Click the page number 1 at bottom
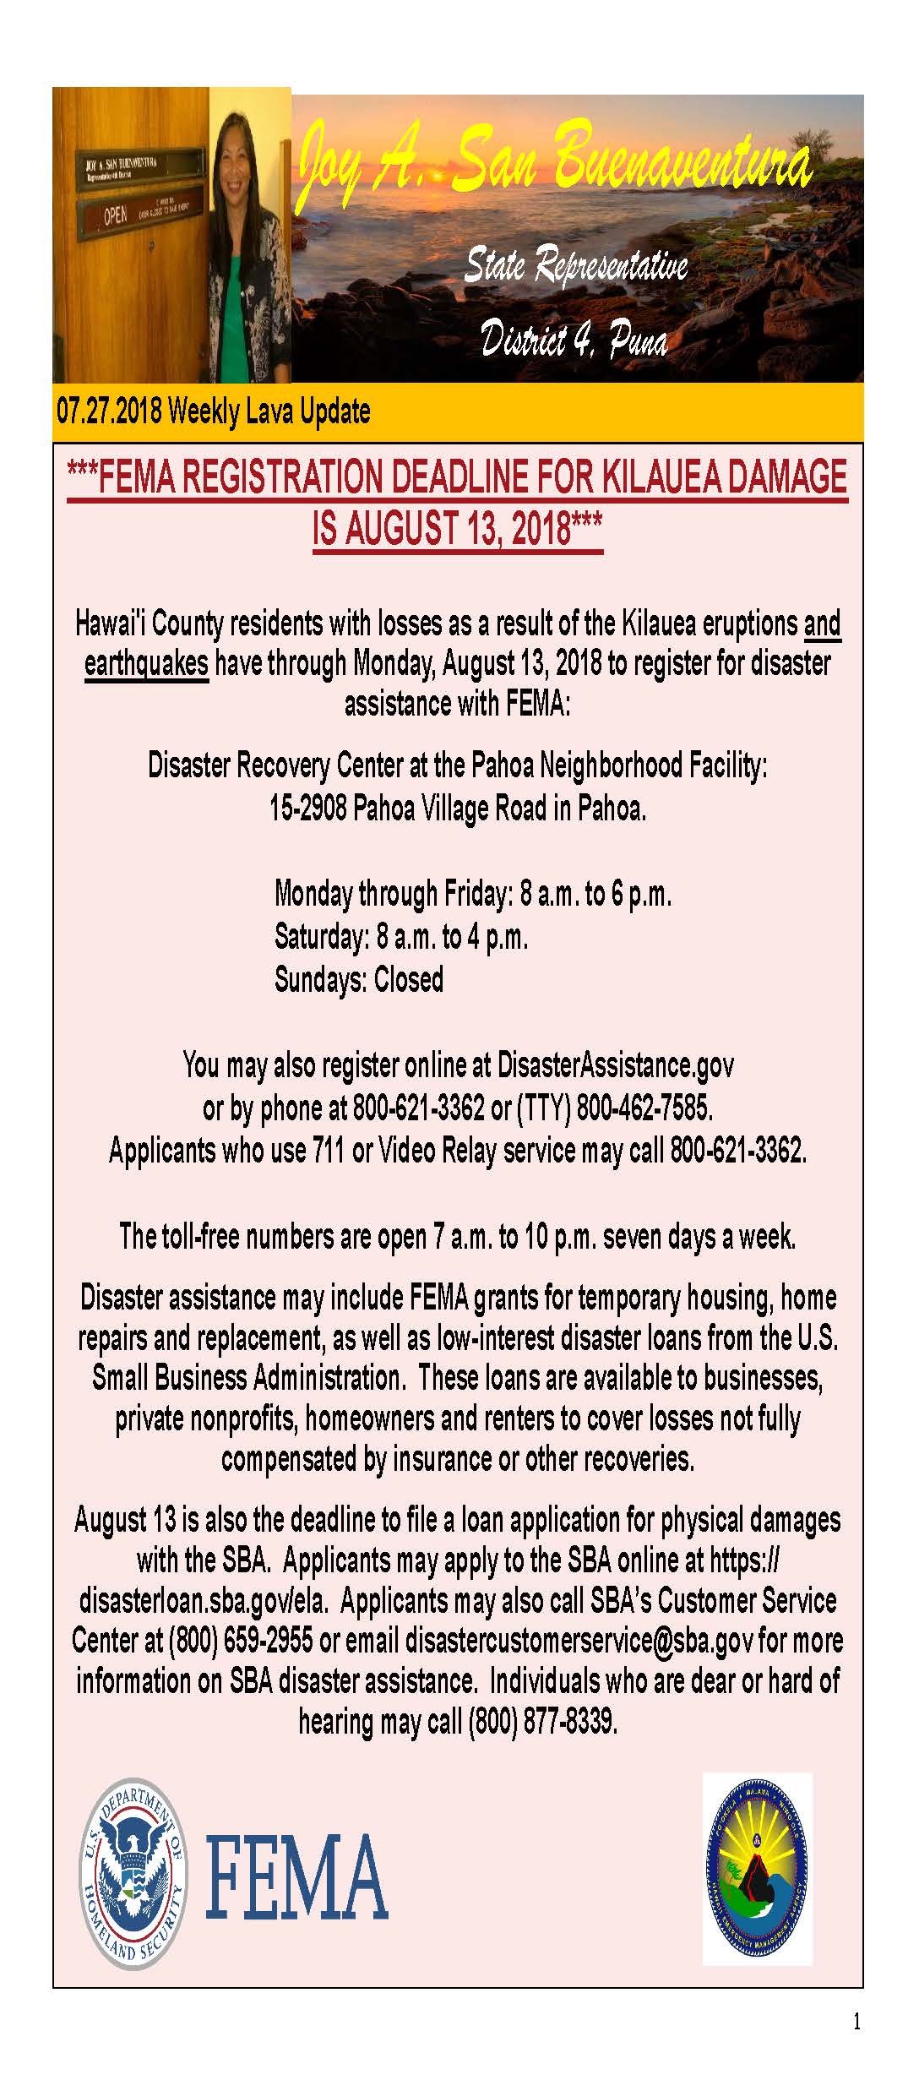[857, 2022]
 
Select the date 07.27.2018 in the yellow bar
[109, 411]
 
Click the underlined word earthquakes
[146, 663]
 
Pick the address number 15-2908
[307, 809]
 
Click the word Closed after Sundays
[409, 980]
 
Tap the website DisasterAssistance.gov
[615, 1065]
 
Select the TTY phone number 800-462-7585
[644, 1108]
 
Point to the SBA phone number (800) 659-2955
[242, 1640]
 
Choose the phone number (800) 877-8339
[542, 1721]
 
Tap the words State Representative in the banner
[576, 265]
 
